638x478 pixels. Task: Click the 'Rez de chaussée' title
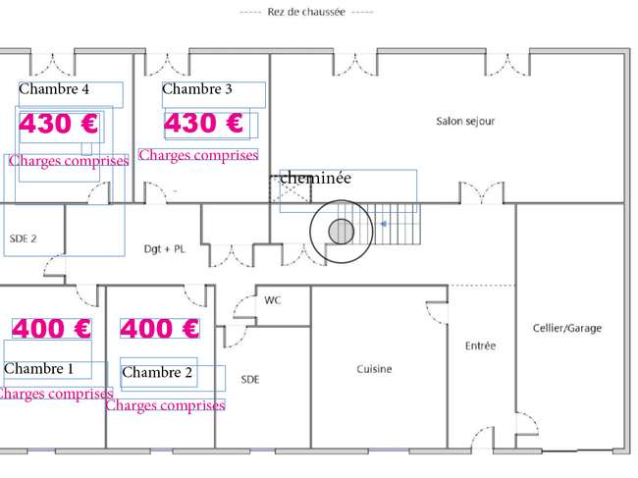pyautogui.click(x=306, y=12)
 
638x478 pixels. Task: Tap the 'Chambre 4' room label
pyautogui.click(x=54, y=88)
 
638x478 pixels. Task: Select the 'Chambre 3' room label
pyautogui.click(x=197, y=88)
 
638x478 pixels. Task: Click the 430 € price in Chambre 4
pyautogui.click(x=59, y=124)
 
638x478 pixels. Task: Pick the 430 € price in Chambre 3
pyautogui.click(x=203, y=123)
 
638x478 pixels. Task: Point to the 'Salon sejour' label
pyautogui.click(x=465, y=122)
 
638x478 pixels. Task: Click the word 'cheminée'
pyautogui.click(x=316, y=178)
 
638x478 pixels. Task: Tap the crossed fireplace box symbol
pyautogui.click(x=291, y=189)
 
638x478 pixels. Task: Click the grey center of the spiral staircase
pyautogui.click(x=341, y=232)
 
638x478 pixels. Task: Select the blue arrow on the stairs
pyautogui.click(x=383, y=224)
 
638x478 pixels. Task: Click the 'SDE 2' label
pyautogui.click(x=23, y=239)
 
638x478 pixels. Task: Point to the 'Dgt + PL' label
pyautogui.click(x=164, y=249)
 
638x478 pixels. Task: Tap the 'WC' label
pyautogui.click(x=272, y=300)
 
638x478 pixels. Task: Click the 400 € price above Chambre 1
pyautogui.click(x=51, y=328)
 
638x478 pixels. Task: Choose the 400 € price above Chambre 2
pyautogui.click(x=159, y=328)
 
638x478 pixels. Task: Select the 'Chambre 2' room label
pyautogui.click(x=157, y=372)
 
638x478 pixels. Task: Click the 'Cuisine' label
pyautogui.click(x=374, y=369)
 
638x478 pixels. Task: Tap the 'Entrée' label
pyautogui.click(x=480, y=345)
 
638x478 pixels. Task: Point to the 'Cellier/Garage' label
pyautogui.click(x=566, y=328)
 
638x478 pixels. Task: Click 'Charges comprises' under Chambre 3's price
pyautogui.click(x=198, y=155)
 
